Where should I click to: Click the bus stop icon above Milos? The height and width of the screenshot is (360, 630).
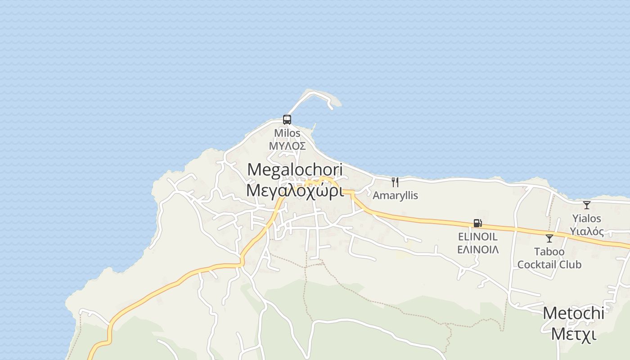tap(287, 120)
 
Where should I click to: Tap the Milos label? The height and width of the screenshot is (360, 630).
tap(287, 133)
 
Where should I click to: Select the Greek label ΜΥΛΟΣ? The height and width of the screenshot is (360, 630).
tap(287, 146)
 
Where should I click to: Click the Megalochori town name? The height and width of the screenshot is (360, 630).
tap(295, 170)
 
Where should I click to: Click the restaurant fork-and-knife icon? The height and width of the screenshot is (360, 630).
tap(395, 182)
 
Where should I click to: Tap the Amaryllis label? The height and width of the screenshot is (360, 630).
tap(395, 195)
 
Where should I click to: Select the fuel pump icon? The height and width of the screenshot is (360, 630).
tap(477, 223)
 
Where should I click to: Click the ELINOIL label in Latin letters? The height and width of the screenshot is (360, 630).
tap(477, 237)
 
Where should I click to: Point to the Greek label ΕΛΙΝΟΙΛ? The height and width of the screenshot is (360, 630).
tap(477, 249)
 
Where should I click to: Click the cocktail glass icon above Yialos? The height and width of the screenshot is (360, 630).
tap(587, 205)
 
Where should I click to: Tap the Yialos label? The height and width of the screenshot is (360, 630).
tap(587, 219)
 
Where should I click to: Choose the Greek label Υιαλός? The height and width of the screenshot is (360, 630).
tap(587, 231)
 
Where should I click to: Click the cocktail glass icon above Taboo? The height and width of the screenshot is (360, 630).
tap(549, 238)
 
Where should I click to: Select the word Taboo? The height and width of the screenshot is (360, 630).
tap(549, 252)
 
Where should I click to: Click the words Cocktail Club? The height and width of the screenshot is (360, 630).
tap(549, 264)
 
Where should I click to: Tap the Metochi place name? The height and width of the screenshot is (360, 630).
tap(573, 313)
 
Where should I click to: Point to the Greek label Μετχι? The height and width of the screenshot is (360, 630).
tap(573, 334)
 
